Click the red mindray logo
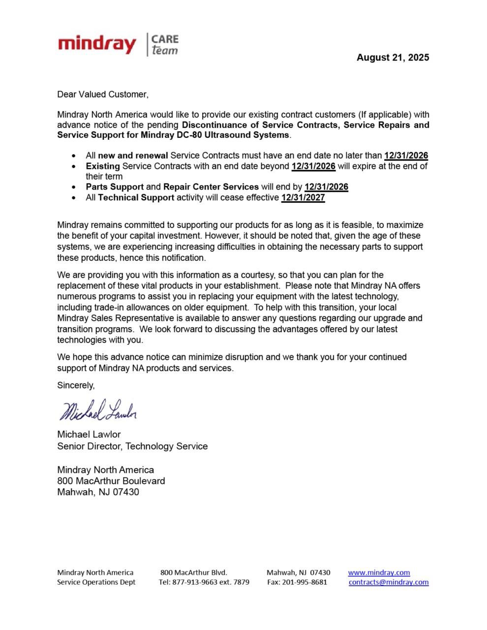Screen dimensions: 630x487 97,45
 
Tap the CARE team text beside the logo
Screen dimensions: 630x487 164,45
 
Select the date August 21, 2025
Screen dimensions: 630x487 393,58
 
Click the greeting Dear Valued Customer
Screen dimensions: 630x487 102,94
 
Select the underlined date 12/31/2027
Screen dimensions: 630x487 303,198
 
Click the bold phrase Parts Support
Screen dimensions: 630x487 115,187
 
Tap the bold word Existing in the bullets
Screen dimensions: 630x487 103,166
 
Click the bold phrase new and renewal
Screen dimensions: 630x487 133,156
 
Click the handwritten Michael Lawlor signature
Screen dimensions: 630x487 98,410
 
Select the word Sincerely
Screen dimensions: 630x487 76,385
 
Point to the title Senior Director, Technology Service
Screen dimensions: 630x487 132,446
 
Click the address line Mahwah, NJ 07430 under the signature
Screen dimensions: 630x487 98,492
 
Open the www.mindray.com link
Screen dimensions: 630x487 379,572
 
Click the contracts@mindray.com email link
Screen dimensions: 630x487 389,582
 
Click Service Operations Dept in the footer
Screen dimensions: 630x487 96,582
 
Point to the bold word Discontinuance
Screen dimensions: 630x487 219,125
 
